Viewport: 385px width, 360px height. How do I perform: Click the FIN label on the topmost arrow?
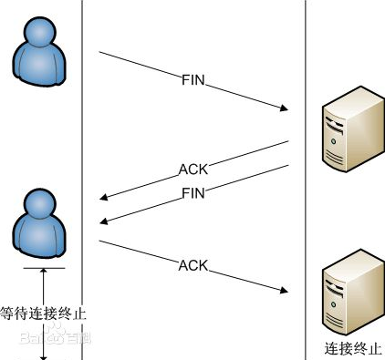193,81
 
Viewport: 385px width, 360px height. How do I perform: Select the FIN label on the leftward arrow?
193,192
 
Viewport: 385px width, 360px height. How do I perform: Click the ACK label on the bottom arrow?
193,265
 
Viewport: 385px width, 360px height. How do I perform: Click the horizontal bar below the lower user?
43,269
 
